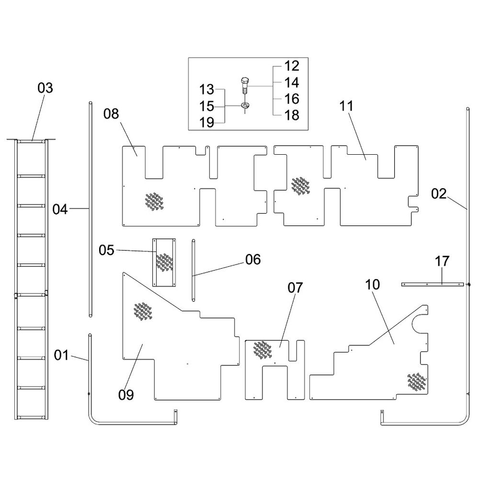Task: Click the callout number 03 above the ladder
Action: [x=45, y=88]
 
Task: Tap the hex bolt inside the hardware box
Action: [x=245, y=86]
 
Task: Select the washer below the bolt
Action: [x=245, y=105]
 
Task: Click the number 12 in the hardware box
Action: [x=292, y=66]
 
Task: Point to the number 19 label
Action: [x=207, y=123]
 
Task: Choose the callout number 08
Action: [x=111, y=114]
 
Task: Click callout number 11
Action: [x=346, y=106]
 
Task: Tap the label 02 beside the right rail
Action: [x=439, y=194]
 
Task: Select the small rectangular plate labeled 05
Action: [x=164, y=262]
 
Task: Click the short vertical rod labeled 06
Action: [x=194, y=270]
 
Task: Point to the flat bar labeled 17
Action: [x=432, y=285]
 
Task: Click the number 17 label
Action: [x=442, y=262]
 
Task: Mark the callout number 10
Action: [x=372, y=285]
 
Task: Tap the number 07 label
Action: [x=295, y=288]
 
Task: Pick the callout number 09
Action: [x=126, y=395]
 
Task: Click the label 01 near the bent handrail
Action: [x=61, y=355]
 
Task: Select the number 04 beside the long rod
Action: [x=60, y=210]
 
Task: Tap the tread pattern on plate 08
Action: [x=154, y=201]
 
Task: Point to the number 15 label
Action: [x=207, y=106]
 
